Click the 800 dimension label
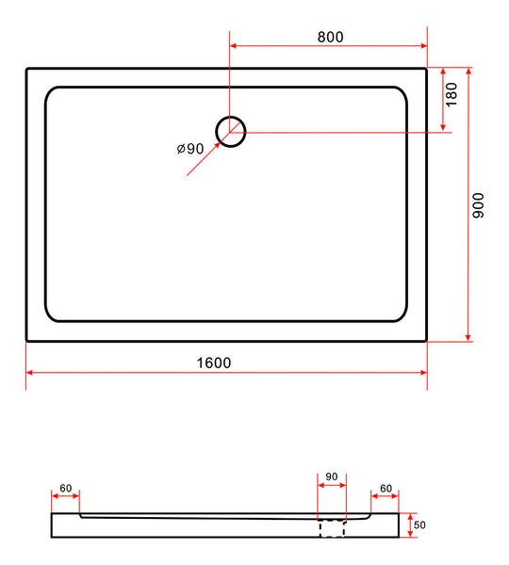(x=330, y=37)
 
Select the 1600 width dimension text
(x=214, y=363)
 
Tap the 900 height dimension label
(x=478, y=205)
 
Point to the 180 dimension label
(x=452, y=94)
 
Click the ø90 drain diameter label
(x=190, y=148)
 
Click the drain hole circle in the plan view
(x=231, y=117)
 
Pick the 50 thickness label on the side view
(x=419, y=525)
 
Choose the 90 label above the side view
(x=332, y=476)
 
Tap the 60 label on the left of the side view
(x=66, y=488)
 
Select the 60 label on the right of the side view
(x=386, y=488)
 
